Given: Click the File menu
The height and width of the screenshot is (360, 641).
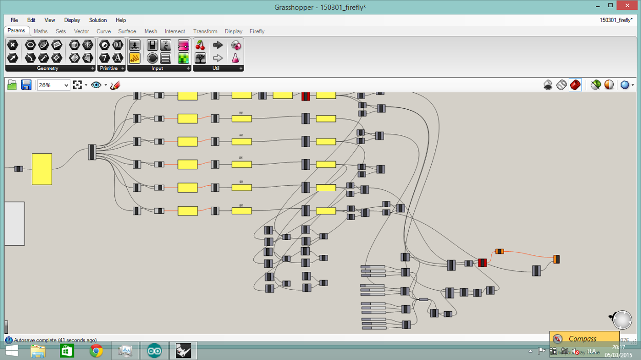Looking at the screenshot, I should (x=14, y=20).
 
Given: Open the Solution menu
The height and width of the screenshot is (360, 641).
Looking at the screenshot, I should (x=98, y=20).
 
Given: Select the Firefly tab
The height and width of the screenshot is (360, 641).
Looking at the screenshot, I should (x=257, y=31).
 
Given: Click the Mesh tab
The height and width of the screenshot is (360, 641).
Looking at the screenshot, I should (x=151, y=31).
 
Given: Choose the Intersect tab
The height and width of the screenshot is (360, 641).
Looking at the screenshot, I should (x=175, y=31).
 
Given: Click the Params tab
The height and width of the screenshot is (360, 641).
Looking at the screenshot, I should (x=16, y=31).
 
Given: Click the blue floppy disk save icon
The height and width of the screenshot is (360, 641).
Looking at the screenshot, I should (x=26, y=85).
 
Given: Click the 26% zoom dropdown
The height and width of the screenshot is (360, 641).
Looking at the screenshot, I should (x=53, y=85).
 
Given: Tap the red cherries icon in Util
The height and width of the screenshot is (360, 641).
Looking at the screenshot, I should (x=201, y=45).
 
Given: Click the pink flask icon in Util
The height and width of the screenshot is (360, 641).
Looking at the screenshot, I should (x=235, y=58).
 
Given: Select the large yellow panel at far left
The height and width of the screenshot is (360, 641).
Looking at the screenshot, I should (x=42, y=169).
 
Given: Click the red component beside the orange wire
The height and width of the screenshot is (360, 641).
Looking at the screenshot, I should (x=482, y=263).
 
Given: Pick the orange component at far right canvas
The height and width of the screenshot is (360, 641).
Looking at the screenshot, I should (x=556, y=259).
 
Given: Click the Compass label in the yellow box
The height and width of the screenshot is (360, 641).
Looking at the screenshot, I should (x=583, y=338).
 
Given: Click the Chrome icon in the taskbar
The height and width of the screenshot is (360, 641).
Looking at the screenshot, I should (x=96, y=351).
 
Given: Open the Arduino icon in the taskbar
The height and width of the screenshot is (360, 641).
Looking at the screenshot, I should (x=154, y=351).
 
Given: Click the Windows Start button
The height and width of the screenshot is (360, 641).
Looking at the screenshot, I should (x=11, y=351).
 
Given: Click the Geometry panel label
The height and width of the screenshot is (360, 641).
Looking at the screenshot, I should (x=48, y=68).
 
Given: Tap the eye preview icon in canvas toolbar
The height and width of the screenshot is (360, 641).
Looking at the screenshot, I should (x=96, y=85).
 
